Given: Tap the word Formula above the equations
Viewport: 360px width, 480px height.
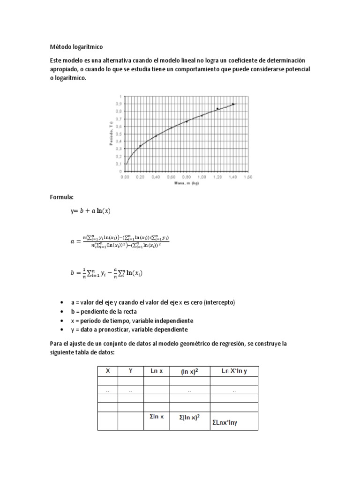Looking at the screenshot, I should coord(62,197).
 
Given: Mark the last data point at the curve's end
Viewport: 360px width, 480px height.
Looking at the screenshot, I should coord(233,104).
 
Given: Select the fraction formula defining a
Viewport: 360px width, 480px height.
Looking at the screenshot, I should coord(120,241).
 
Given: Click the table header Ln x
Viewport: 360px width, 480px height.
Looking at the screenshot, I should coord(156,371).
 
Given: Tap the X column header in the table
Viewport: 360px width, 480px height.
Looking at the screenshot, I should coord(108,371).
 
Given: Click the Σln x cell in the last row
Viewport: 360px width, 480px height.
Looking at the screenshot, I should coord(156,416).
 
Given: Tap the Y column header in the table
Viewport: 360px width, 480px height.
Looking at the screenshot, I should coord(131,371).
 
